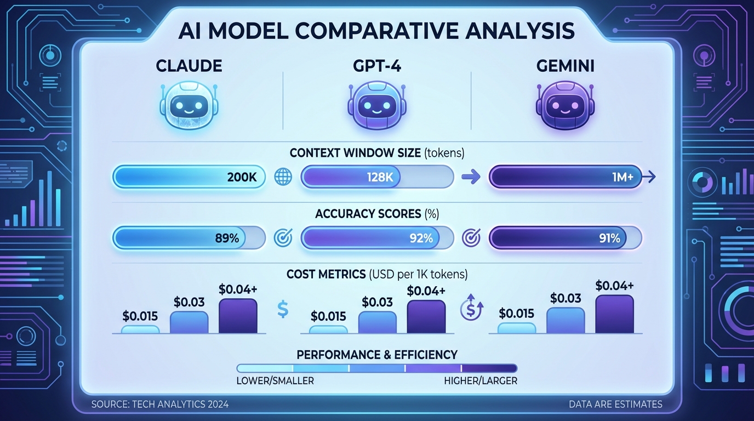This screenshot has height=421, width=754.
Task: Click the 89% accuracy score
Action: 227,238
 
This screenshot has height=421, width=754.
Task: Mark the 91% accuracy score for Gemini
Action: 609,238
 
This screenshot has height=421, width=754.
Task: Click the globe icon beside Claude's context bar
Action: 283,177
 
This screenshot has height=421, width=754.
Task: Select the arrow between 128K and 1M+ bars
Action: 471,177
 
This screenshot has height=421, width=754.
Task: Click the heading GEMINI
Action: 564,67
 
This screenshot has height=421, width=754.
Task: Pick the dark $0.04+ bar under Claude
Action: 238,316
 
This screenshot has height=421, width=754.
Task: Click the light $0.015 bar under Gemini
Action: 516,328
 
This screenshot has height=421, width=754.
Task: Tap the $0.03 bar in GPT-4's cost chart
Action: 377,322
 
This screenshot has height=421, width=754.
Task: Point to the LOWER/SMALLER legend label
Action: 275,380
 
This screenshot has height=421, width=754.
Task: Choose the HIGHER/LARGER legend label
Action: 480,380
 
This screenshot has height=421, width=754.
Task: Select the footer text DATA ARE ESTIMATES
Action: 616,405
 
